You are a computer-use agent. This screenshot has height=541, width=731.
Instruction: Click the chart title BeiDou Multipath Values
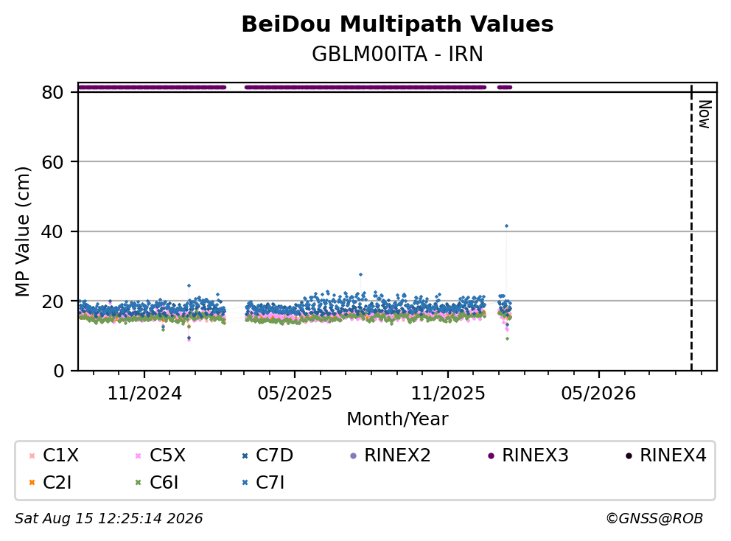click(x=397, y=24)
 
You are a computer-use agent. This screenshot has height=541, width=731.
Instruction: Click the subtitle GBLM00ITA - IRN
click(x=397, y=54)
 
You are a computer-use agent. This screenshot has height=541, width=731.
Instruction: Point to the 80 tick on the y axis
click(x=52, y=92)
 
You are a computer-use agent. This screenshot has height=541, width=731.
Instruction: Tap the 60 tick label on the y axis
click(x=52, y=162)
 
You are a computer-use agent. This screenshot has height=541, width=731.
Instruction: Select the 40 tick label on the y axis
click(x=52, y=231)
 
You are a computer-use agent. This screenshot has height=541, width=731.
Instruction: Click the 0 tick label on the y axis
click(x=58, y=371)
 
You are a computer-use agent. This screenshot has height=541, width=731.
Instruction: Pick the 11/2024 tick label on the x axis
click(x=144, y=393)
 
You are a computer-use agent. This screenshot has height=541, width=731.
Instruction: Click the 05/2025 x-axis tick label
click(x=295, y=393)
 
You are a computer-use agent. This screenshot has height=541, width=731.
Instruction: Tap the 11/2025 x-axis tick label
click(x=448, y=393)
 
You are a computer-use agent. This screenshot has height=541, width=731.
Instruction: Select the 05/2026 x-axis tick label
click(x=598, y=393)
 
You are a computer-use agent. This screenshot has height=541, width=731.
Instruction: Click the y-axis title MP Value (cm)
click(x=22, y=231)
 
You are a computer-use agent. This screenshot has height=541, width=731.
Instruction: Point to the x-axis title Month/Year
click(x=397, y=419)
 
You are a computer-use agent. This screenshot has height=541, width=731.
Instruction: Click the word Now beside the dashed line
click(x=705, y=114)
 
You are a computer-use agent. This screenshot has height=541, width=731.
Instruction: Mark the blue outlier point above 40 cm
click(x=506, y=226)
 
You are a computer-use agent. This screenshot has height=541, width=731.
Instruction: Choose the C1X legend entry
click(x=54, y=456)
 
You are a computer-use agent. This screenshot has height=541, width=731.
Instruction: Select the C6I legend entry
click(x=157, y=483)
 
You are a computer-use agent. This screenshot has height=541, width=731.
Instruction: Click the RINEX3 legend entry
click(x=528, y=456)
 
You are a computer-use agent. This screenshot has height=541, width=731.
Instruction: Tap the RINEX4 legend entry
click(x=666, y=456)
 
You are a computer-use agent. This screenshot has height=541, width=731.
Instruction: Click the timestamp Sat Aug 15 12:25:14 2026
click(x=108, y=518)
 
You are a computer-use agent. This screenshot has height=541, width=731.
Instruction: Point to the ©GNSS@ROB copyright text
click(x=654, y=518)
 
